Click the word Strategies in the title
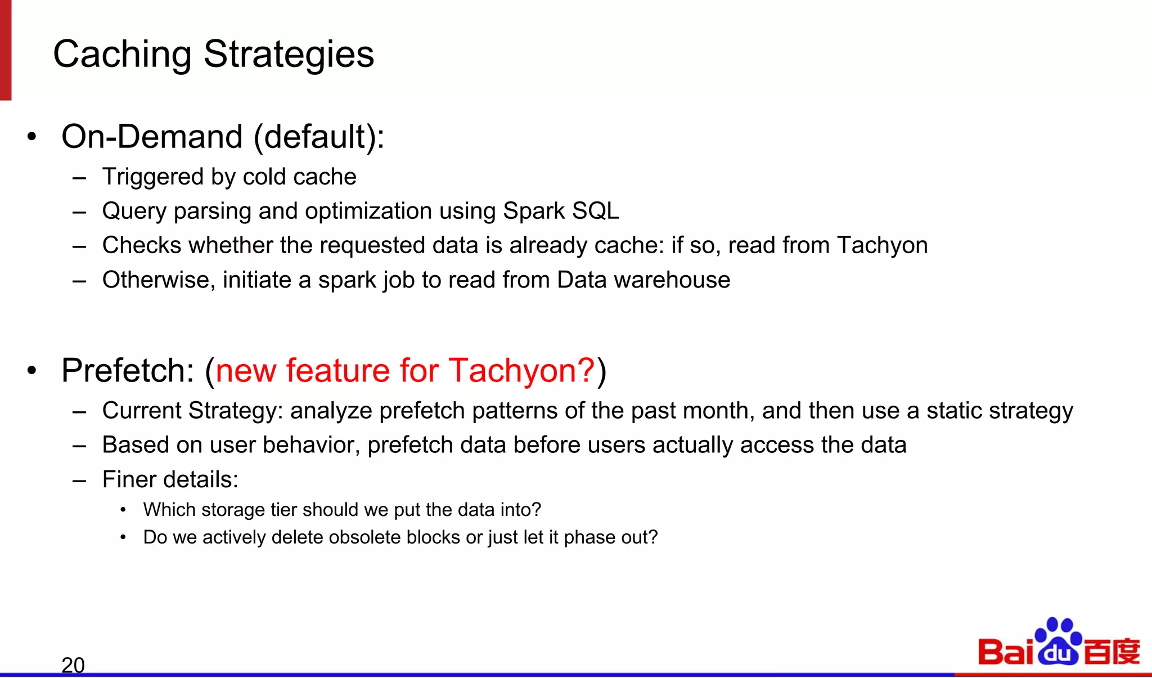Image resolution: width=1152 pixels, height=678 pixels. coord(289,55)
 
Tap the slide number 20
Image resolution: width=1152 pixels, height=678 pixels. coord(73,665)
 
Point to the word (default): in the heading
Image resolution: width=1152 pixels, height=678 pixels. coord(319,137)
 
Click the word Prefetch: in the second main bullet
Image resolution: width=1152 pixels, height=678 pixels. coord(128,371)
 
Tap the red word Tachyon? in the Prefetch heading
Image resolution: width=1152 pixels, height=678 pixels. coord(521,371)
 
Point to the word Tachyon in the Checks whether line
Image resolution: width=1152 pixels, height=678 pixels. coord(882,245)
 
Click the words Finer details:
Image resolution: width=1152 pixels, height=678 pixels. coord(170,480)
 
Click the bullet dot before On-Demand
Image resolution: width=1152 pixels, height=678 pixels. coord(32,137)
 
